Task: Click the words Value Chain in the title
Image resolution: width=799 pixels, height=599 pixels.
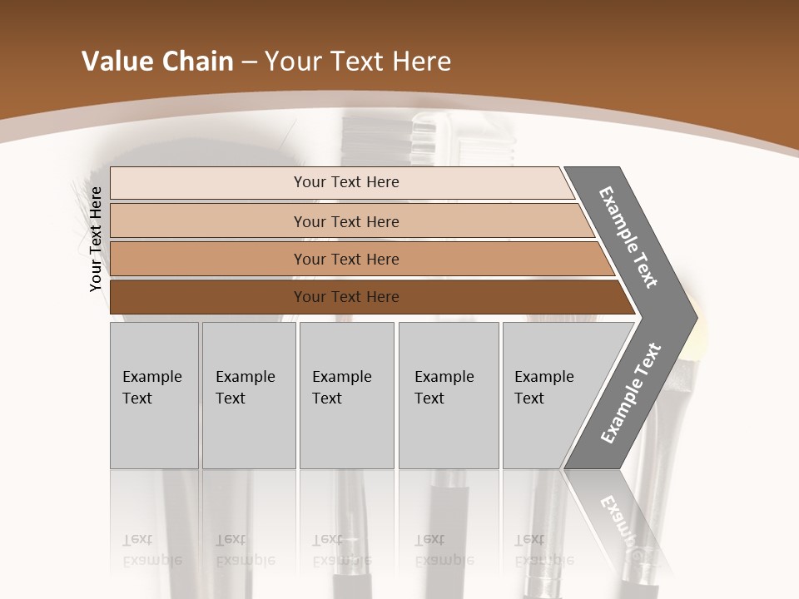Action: (x=157, y=62)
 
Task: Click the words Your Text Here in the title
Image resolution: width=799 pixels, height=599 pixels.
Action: (x=358, y=62)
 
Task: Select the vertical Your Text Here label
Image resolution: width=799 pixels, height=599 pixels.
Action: (x=96, y=239)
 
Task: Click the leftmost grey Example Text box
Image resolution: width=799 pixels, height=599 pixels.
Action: (x=154, y=396)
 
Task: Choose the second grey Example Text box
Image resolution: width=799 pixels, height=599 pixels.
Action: (x=248, y=396)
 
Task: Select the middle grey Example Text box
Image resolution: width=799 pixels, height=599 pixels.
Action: (x=346, y=396)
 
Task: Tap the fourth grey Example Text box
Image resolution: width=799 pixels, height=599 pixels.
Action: (x=448, y=396)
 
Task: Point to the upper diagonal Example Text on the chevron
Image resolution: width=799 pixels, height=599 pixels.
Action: (x=628, y=237)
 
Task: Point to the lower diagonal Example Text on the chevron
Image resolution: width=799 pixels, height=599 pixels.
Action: (x=631, y=394)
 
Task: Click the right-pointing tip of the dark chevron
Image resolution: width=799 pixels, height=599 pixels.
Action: (x=694, y=317)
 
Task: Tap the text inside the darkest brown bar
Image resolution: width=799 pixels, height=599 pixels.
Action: (x=346, y=297)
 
